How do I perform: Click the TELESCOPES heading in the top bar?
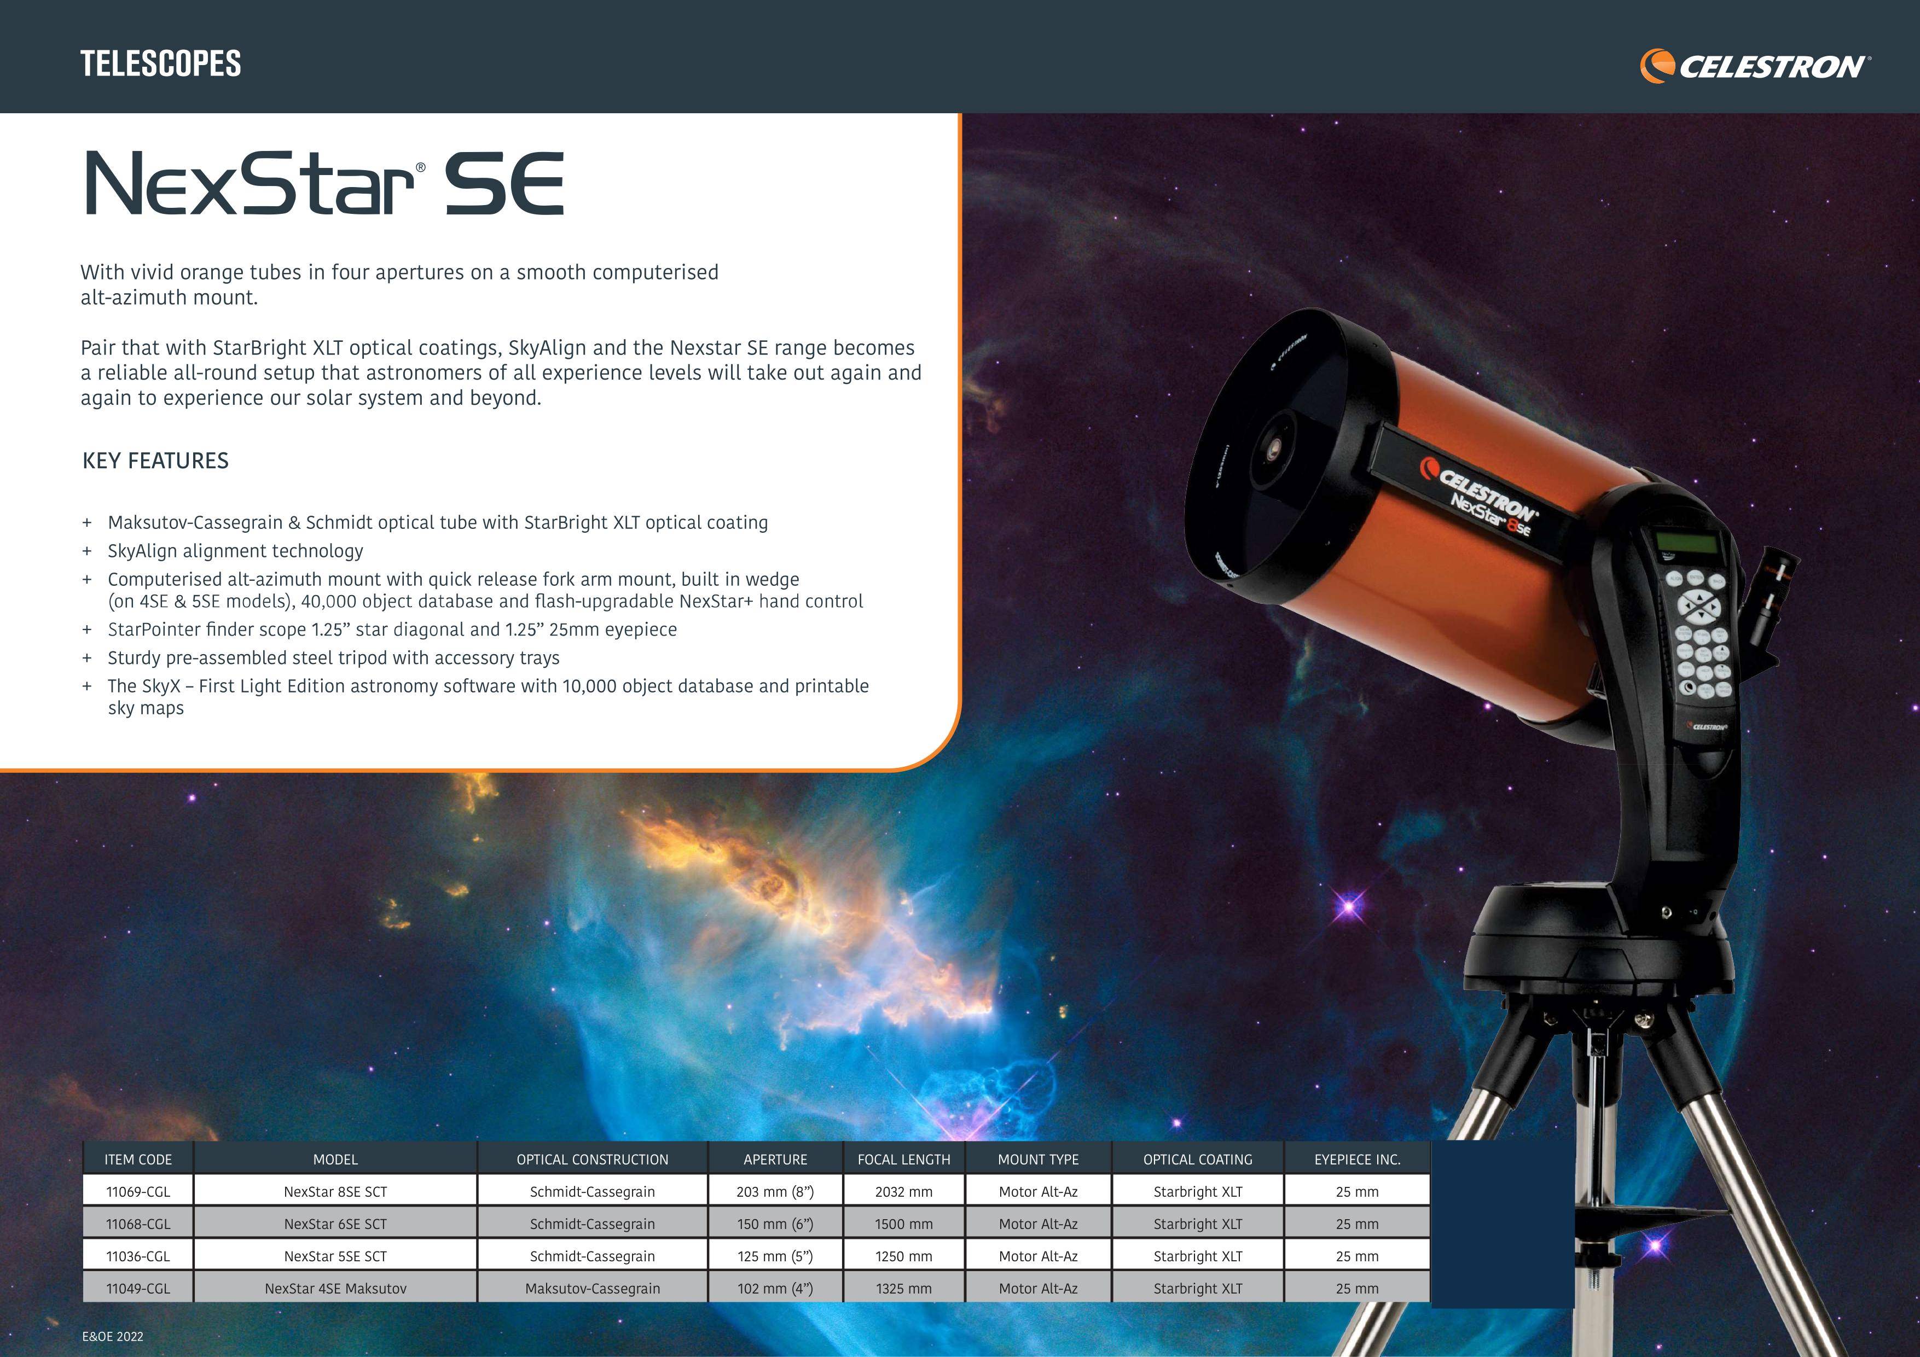pyautogui.click(x=160, y=63)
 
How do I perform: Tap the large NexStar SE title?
pyautogui.click(x=324, y=183)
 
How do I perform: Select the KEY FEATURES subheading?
pyautogui.click(x=155, y=461)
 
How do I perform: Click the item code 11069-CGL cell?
pyautogui.click(x=138, y=1191)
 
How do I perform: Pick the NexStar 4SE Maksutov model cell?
pyautogui.click(x=335, y=1289)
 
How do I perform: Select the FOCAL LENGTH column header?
pyautogui.click(x=904, y=1160)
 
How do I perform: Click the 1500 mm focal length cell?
pyautogui.click(x=904, y=1224)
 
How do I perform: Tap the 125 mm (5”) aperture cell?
pyautogui.click(x=775, y=1256)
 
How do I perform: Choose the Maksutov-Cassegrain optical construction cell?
pyautogui.click(x=592, y=1289)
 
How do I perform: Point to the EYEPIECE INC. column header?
pyautogui.click(x=1357, y=1160)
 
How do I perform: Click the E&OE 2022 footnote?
pyautogui.click(x=113, y=1336)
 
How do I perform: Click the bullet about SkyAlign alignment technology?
pyautogui.click(x=235, y=551)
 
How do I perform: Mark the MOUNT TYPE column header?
pyautogui.click(x=1039, y=1160)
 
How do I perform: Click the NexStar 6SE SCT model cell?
pyautogui.click(x=335, y=1224)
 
